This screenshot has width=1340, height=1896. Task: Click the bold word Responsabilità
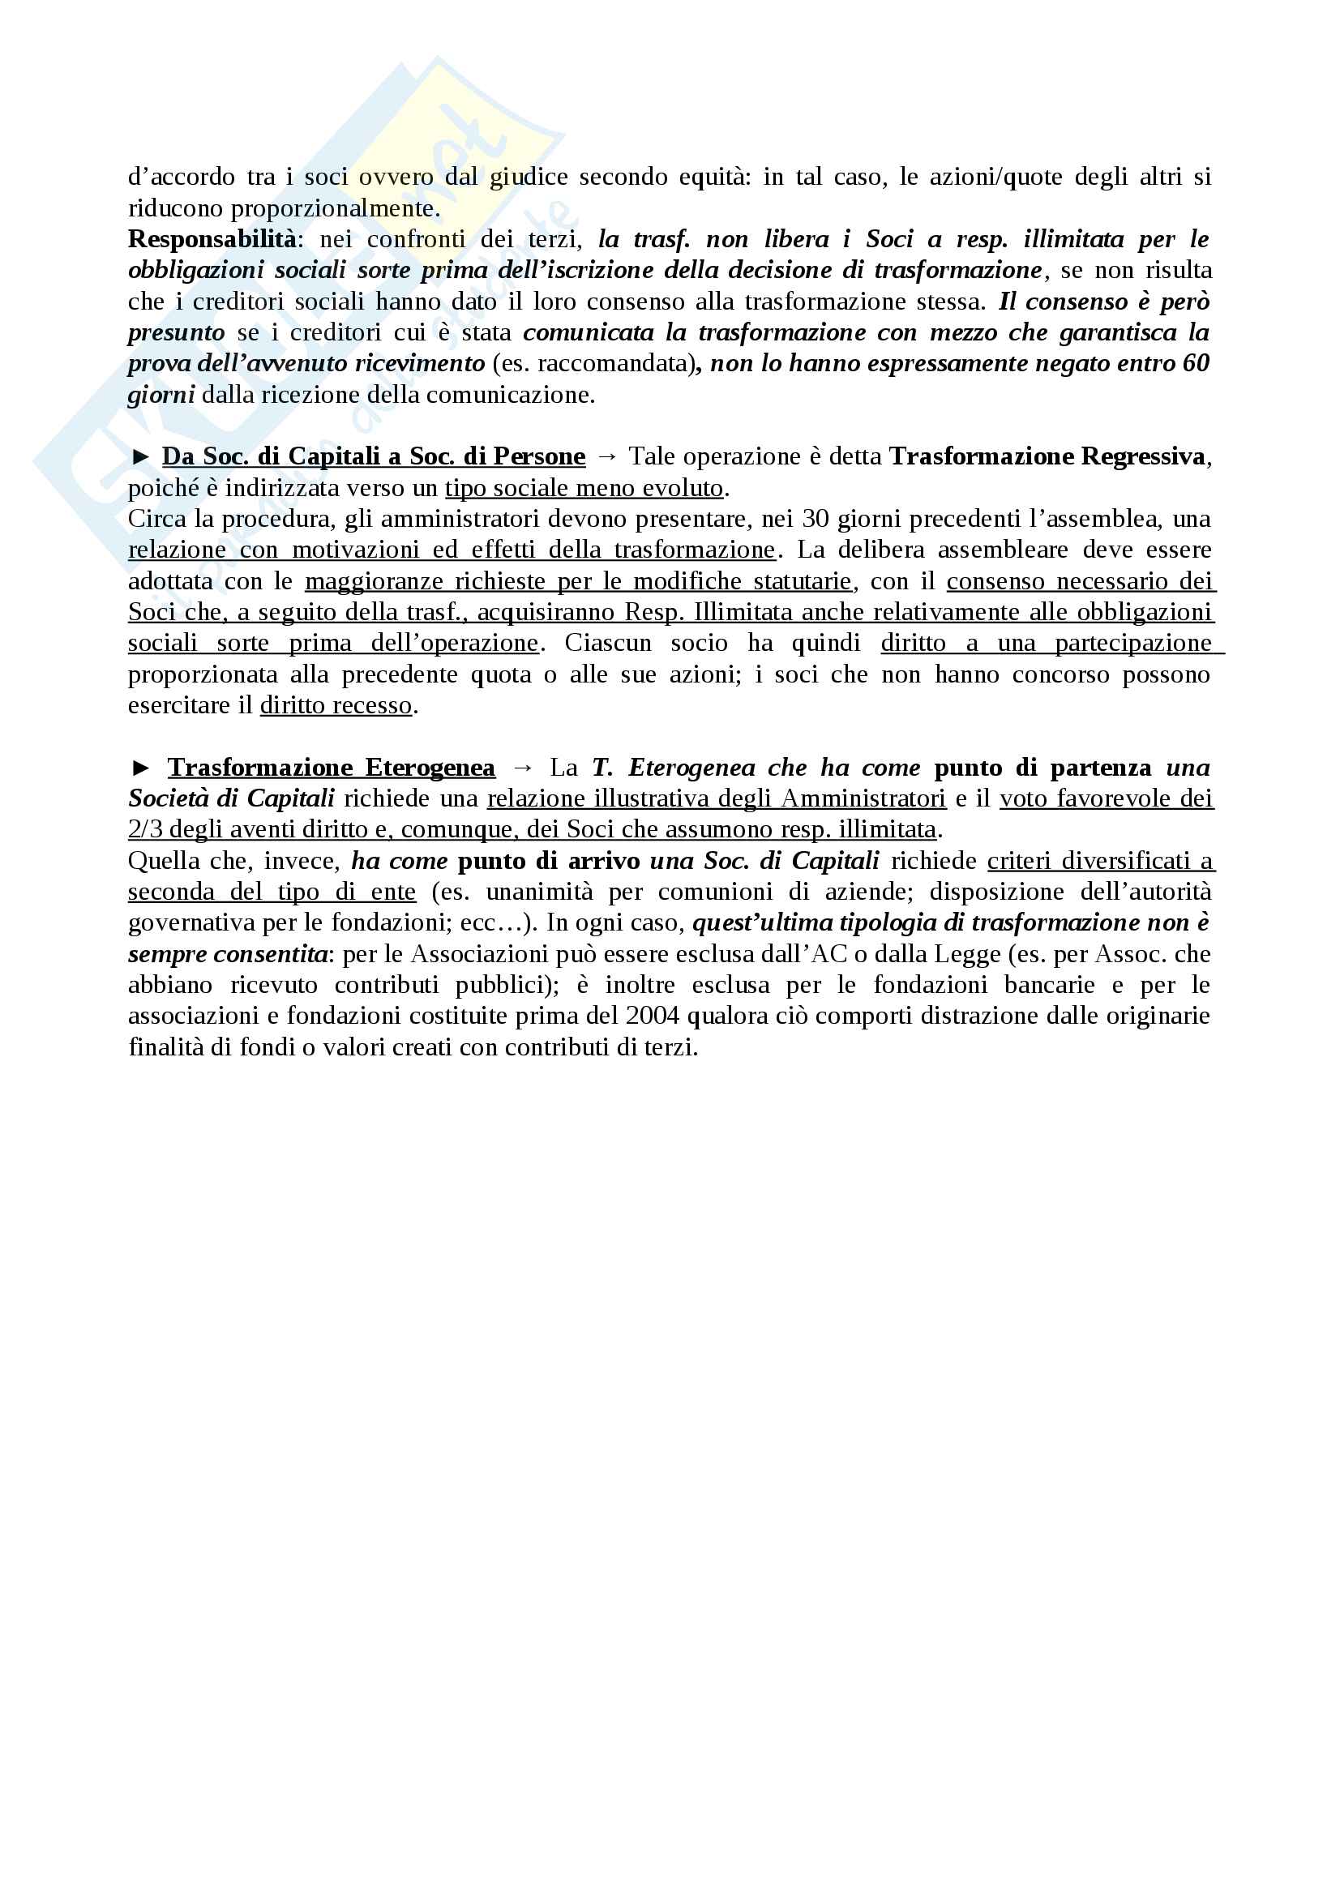212,239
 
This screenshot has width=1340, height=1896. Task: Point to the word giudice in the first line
529,177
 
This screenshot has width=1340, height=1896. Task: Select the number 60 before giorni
1195,363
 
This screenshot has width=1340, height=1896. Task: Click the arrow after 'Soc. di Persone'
607,456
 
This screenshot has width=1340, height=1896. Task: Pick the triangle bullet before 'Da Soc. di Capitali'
141,456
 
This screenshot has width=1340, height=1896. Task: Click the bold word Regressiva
1143,456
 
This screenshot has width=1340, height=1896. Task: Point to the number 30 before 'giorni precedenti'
815,519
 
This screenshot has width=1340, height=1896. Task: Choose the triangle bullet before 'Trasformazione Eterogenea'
141,768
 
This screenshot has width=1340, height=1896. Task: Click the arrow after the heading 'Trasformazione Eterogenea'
523,768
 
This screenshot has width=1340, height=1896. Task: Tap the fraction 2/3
145,829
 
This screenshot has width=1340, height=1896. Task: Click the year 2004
653,1016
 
